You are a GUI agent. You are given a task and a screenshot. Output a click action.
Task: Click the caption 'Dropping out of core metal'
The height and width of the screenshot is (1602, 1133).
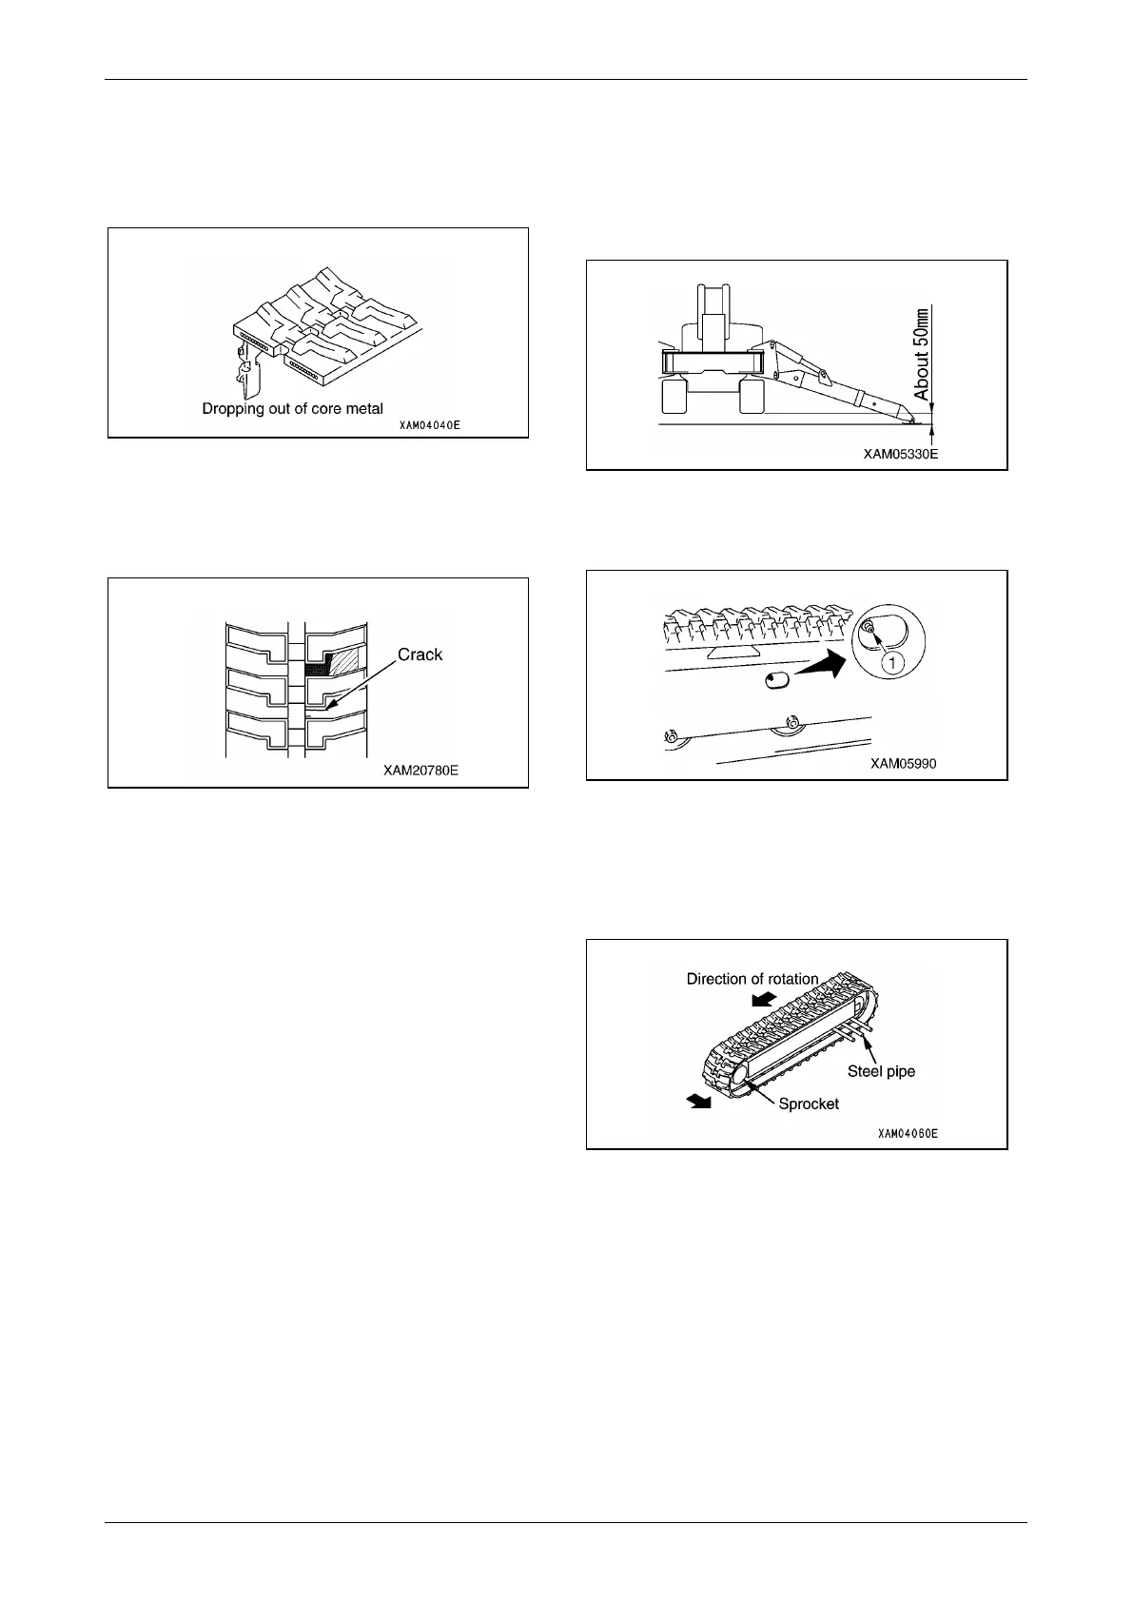(292, 408)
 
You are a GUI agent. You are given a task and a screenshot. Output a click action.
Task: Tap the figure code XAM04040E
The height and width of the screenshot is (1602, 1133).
(429, 426)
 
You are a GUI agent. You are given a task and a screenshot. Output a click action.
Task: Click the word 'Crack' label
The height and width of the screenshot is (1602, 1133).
(420, 654)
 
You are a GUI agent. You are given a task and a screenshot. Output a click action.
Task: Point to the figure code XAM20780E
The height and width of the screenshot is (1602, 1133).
(420, 770)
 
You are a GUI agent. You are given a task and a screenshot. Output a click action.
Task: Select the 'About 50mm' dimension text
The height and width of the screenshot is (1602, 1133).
(923, 353)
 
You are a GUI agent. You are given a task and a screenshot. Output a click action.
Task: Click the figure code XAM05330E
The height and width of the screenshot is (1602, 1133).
(900, 455)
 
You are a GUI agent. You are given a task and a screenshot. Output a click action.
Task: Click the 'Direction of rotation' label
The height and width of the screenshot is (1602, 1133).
(752, 979)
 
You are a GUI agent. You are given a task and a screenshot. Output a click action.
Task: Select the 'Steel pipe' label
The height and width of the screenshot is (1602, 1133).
(881, 1071)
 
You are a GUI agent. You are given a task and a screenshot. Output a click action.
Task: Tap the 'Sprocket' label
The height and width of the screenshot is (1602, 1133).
(809, 1104)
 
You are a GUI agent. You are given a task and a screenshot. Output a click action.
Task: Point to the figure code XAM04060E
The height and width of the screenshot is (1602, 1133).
(908, 1134)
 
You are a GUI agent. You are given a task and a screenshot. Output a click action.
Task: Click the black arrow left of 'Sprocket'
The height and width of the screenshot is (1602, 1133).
(699, 1100)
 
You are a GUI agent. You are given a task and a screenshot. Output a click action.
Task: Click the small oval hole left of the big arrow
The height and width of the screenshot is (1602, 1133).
(778, 681)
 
